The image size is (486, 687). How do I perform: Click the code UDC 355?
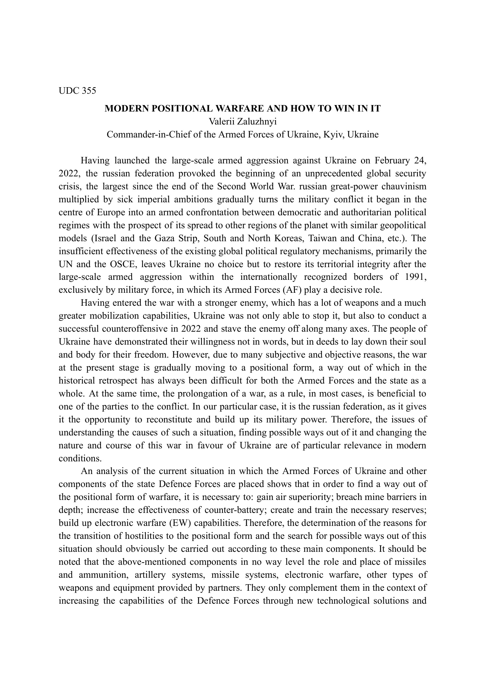(77, 91)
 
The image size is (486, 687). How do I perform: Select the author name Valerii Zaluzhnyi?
(242, 122)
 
